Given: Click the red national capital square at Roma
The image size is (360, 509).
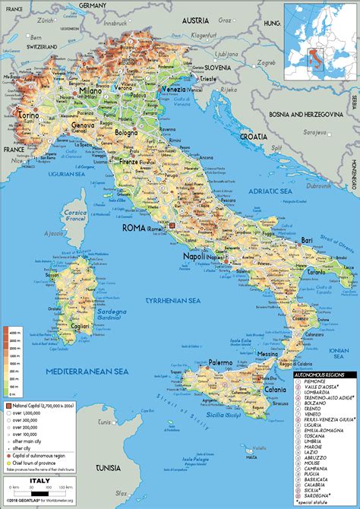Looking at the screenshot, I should click(x=172, y=226).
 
